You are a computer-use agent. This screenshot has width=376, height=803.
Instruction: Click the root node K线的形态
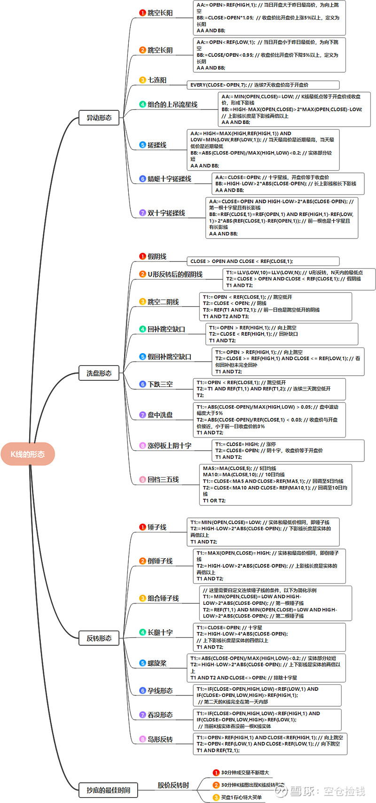tap(28, 454)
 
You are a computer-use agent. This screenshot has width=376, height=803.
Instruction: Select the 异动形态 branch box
tap(99, 117)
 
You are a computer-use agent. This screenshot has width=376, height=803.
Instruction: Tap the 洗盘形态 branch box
tap(99, 373)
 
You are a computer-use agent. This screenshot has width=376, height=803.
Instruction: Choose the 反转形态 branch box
tap(99, 638)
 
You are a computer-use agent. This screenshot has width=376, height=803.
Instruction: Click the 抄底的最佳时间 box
tap(108, 790)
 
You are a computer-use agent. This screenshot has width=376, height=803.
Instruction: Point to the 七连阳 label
tap(157, 80)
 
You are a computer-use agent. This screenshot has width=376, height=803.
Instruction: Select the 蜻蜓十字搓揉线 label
tap(169, 179)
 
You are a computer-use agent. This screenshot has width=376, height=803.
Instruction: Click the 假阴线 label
tap(157, 256)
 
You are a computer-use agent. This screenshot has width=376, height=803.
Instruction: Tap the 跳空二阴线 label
tap(163, 302)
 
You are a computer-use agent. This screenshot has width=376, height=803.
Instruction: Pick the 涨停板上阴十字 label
tap(169, 446)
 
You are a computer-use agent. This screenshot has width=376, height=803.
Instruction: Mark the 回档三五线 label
tap(163, 479)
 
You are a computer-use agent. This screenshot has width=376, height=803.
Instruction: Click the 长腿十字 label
tap(160, 633)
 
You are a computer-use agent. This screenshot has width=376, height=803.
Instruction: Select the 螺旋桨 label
tap(157, 663)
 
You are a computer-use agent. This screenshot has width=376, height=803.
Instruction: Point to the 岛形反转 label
tap(160, 739)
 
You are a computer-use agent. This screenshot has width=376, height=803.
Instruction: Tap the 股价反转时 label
tap(173, 785)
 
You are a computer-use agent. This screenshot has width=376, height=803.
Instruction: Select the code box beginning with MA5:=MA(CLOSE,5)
tap(275, 485)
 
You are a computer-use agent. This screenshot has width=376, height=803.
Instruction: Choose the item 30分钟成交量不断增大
tap(245, 772)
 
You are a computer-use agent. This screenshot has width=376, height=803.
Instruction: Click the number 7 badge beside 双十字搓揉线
tap(142, 213)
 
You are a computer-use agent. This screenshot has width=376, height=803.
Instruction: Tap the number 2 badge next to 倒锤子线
tap(142, 561)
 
